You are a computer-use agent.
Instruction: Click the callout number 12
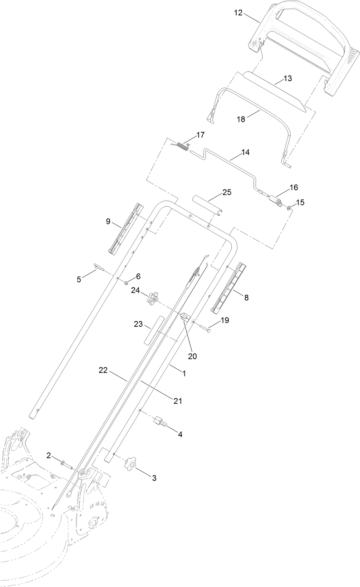click(x=238, y=13)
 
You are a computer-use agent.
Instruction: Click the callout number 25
click(x=227, y=192)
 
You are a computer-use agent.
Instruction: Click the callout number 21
click(x=178, y=401)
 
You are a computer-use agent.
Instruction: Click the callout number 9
click(x=108, y=221)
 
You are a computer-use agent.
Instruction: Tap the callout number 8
click(x=246, y=297)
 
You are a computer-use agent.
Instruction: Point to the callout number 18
click(x=241, y=119)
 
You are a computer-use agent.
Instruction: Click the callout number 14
click(x=245, y=152)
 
